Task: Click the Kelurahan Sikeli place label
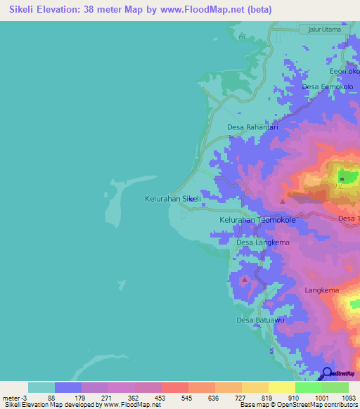tap(173, 199)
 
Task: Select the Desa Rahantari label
tap(253, 127)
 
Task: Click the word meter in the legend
tap(12, 398)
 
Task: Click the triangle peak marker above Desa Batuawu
tap(245, 280)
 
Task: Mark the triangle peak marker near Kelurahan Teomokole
tap(283, 201)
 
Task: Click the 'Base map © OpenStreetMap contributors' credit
tap(298, 405)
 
